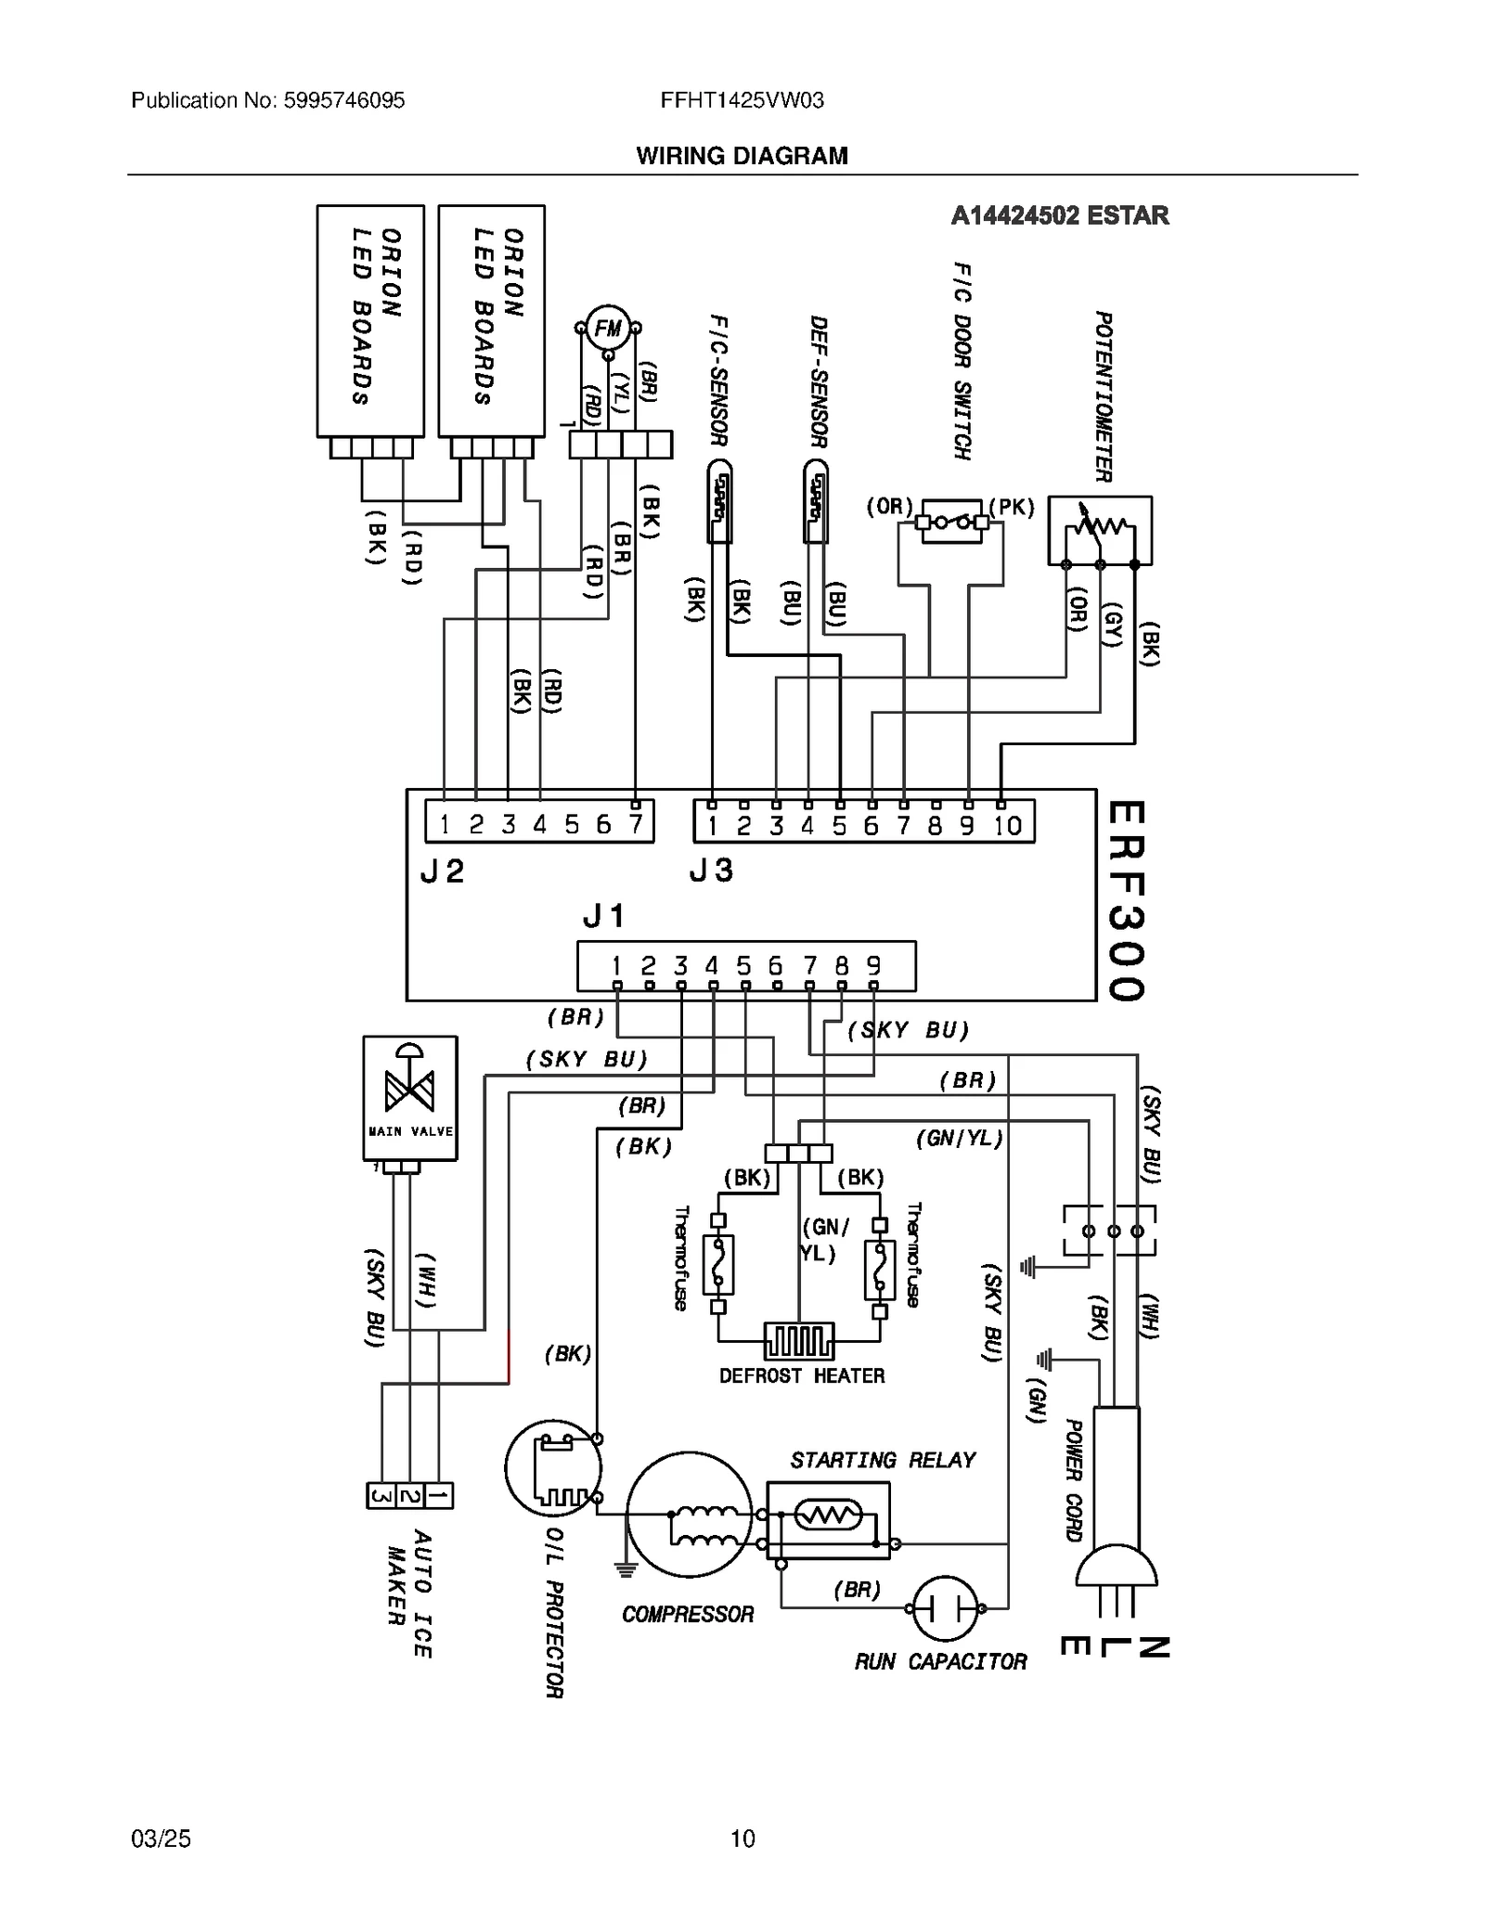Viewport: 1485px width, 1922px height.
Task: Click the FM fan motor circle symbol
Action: [x=608, y=329]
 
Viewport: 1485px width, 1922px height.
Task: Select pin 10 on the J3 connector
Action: [x=1008, y=825]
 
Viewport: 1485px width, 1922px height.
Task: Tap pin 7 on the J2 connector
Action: [x=636, y=824]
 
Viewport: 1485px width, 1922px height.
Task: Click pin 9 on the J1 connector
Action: [x=873, y=966]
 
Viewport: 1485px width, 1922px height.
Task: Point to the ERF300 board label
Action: [x=1126, y=900]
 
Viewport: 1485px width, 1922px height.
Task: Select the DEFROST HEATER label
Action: [x=802, y=1375]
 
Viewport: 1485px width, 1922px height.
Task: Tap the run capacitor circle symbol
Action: [x=945, y=1608]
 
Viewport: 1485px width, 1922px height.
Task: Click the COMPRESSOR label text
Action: [x=688, y=1615]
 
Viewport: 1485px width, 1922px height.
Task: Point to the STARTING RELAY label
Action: [x=883, y=1461]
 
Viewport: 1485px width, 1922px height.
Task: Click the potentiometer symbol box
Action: [x=1100, y=530]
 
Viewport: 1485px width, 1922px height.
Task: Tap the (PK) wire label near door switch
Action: [x=1012, y=508]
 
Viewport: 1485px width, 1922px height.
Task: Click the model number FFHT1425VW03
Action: [x=742, y=100]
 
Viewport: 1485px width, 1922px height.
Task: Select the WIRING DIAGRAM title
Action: [x=742, y=156]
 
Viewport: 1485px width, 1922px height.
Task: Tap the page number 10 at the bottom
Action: [x=742, y=1838]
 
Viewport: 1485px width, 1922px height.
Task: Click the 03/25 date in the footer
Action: [x=161, y=1838]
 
